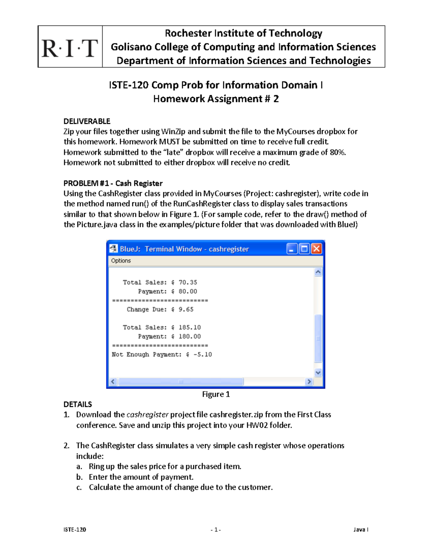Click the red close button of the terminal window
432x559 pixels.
(316, 249)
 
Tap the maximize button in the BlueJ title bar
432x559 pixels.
(305, 249)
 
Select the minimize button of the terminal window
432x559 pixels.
(292, 249)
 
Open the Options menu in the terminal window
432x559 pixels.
(121, 261)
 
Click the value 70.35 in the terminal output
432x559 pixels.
(188, 283)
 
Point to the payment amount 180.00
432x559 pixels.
(190, 337)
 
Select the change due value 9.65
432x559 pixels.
(186, 310)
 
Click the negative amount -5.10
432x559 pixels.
(203, 355)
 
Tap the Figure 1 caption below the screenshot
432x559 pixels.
(216, 395)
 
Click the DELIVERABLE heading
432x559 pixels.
(87, 121)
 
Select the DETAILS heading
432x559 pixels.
(78, 405)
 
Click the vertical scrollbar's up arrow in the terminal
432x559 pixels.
(318, 272)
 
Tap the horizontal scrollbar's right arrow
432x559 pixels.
(309, 382)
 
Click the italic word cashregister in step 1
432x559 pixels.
(148, 415)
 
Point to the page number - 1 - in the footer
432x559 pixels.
(216, 529)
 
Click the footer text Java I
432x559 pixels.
(361, 529)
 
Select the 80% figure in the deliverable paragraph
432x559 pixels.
(338, 152)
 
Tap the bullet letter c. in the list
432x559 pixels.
(79, 487)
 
